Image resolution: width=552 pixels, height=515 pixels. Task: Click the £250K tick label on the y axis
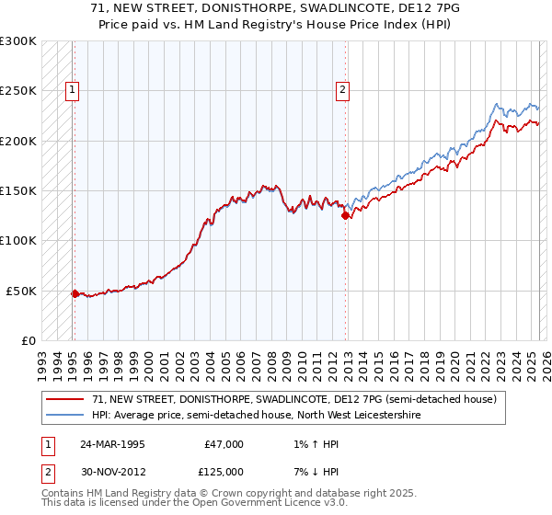coord(18,91)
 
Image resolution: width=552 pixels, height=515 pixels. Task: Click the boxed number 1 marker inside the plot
coord(72,90)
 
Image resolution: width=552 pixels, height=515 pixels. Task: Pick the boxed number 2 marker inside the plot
coord(342,90)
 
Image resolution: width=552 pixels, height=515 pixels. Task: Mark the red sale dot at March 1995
coord(75,293)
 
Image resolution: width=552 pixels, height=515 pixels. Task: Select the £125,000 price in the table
coord(224,472)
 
